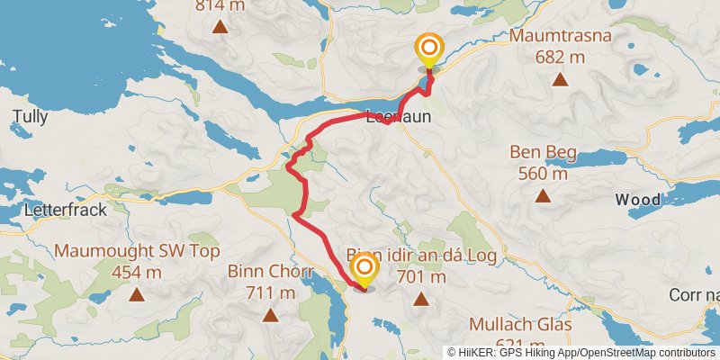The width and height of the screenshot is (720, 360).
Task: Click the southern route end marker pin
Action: [364, 271]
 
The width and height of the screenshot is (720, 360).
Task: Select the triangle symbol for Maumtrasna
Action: [560, 80]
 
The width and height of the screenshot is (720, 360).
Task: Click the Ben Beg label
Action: [542, 152]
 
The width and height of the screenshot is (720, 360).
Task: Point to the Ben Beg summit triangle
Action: [542, 195]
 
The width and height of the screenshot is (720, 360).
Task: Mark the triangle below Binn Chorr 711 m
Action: [270, 315]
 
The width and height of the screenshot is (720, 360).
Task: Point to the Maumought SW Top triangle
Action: [137, 294]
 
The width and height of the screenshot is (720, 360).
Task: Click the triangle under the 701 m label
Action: [420, 297]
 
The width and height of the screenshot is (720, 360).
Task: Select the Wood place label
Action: [637, 199]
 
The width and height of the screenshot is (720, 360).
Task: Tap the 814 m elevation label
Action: [220, 6]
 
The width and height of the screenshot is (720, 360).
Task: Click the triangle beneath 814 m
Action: [220, 26]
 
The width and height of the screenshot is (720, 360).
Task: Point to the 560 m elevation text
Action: [542, 173]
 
